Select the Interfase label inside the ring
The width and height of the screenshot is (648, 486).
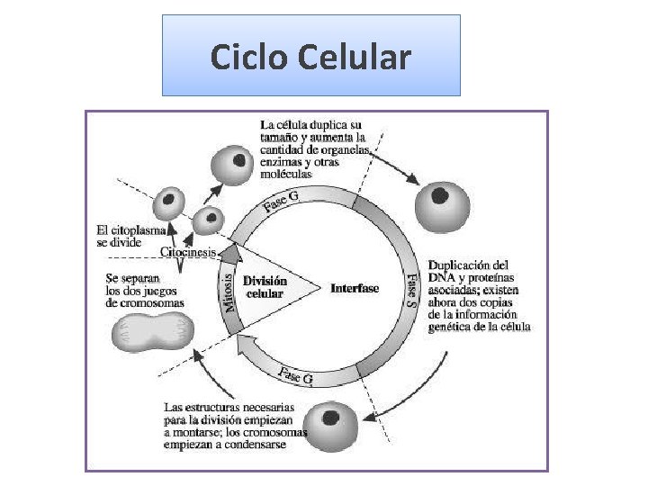tap(355, 288)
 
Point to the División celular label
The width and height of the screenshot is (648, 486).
tap(265, 287)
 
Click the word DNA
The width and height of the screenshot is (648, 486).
tap(442, 278)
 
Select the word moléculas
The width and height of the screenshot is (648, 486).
tap(286, 174)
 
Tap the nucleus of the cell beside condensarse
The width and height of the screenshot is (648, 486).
tap(332, 418)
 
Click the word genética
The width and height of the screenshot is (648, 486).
tap(454, 328)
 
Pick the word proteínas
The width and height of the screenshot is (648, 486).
tap(496, 278)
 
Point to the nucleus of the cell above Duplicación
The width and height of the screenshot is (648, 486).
tap(440, 194)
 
